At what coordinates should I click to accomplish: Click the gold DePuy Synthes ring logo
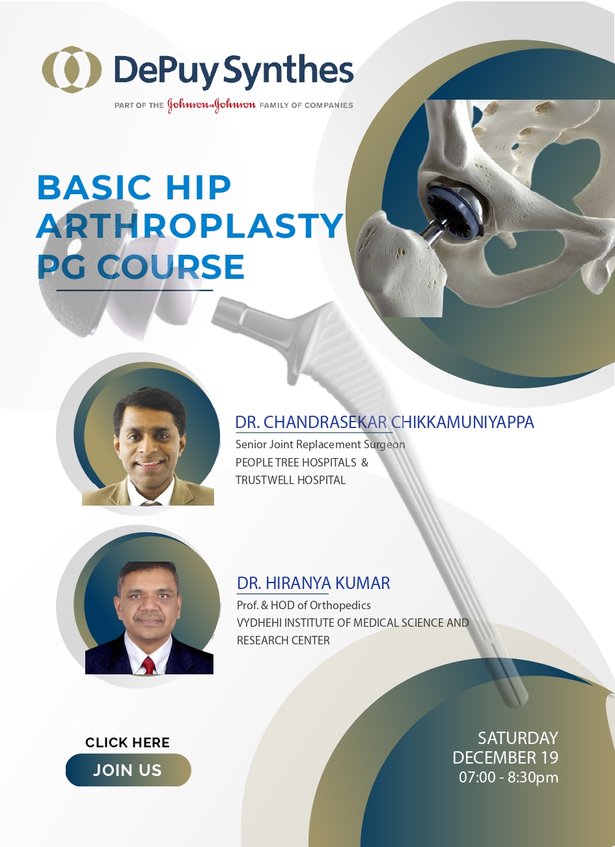tap(72, 70)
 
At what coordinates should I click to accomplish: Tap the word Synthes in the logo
tap(288, 70)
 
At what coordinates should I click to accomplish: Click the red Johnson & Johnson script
tap(212, 105)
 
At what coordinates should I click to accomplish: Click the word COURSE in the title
tap(171, 267)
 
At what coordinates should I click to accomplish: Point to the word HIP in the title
tap(198, 187)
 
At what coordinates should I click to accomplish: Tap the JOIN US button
tap(128, 770)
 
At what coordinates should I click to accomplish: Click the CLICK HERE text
tap(128, 742)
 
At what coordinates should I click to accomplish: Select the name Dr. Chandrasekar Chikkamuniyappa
tap(385, 422)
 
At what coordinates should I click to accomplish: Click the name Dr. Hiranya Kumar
tap(314, 583)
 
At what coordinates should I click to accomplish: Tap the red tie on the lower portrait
tap(148, 665)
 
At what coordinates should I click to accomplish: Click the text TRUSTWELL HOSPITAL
tap(290, 480)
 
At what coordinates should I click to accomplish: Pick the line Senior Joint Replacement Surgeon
tap(320, 444)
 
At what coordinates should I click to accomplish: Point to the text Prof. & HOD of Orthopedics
tap(304, 605)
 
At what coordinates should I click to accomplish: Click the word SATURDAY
tap(518, 738)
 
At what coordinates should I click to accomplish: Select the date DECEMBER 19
tap(506, 757)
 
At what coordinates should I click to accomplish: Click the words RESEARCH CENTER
tap(283, 640)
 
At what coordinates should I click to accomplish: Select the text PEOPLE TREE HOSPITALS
tap(296, 463)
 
